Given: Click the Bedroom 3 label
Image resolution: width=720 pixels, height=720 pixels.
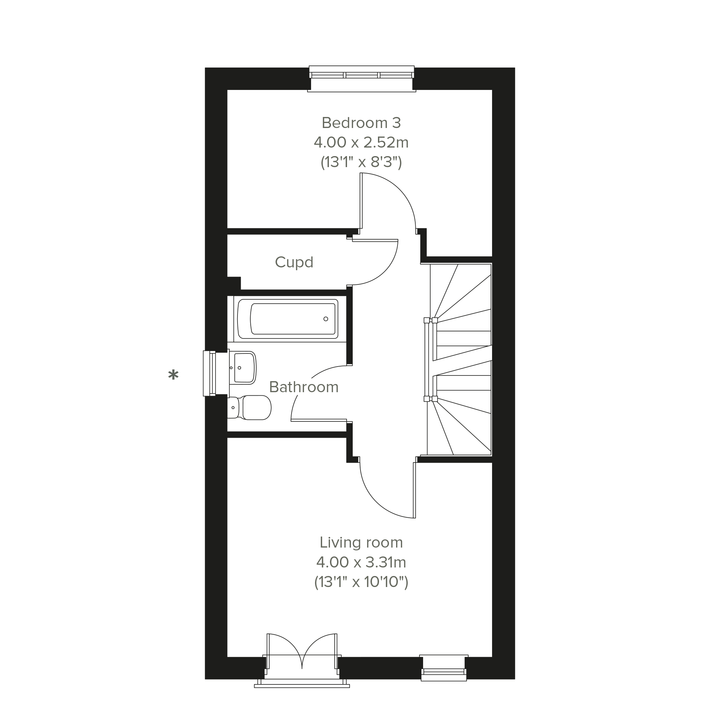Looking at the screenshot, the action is tap(361, 123).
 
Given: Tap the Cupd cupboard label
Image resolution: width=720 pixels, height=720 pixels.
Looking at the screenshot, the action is tap(294, 263).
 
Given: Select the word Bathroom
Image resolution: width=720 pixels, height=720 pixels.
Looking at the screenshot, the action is tap(304, 387).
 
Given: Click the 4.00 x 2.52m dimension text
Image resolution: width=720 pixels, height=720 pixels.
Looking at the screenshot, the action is tap(361, 142).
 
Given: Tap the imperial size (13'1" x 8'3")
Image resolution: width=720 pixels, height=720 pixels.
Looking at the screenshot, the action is tap(361, 162).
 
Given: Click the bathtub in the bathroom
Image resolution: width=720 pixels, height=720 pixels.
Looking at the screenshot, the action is tap(288, 319).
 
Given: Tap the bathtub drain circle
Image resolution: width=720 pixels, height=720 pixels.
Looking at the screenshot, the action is tap(326, 319).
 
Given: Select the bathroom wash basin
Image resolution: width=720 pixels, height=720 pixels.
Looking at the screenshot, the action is tap(242, 368).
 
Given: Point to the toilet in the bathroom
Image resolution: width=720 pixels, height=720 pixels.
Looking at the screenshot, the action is tap(249, 408).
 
